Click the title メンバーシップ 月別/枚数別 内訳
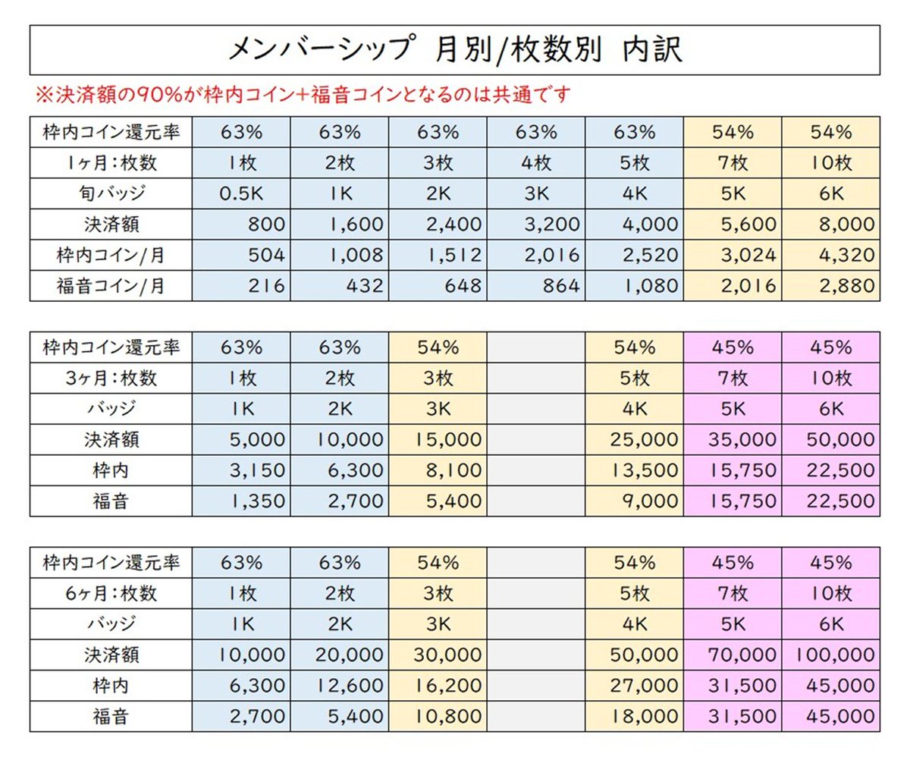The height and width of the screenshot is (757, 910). [455, 50]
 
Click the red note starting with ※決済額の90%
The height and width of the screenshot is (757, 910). [303, 96]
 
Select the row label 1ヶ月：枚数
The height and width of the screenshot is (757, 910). [111, 162]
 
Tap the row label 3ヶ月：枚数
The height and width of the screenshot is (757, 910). [111, 378]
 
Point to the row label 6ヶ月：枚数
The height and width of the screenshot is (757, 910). [111, 592]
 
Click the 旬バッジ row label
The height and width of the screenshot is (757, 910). [111, 193]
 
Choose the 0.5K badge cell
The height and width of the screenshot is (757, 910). [241, 193]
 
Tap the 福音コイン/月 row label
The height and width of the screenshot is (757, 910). [111, 286]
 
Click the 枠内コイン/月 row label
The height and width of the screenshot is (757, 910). [111, 255]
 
